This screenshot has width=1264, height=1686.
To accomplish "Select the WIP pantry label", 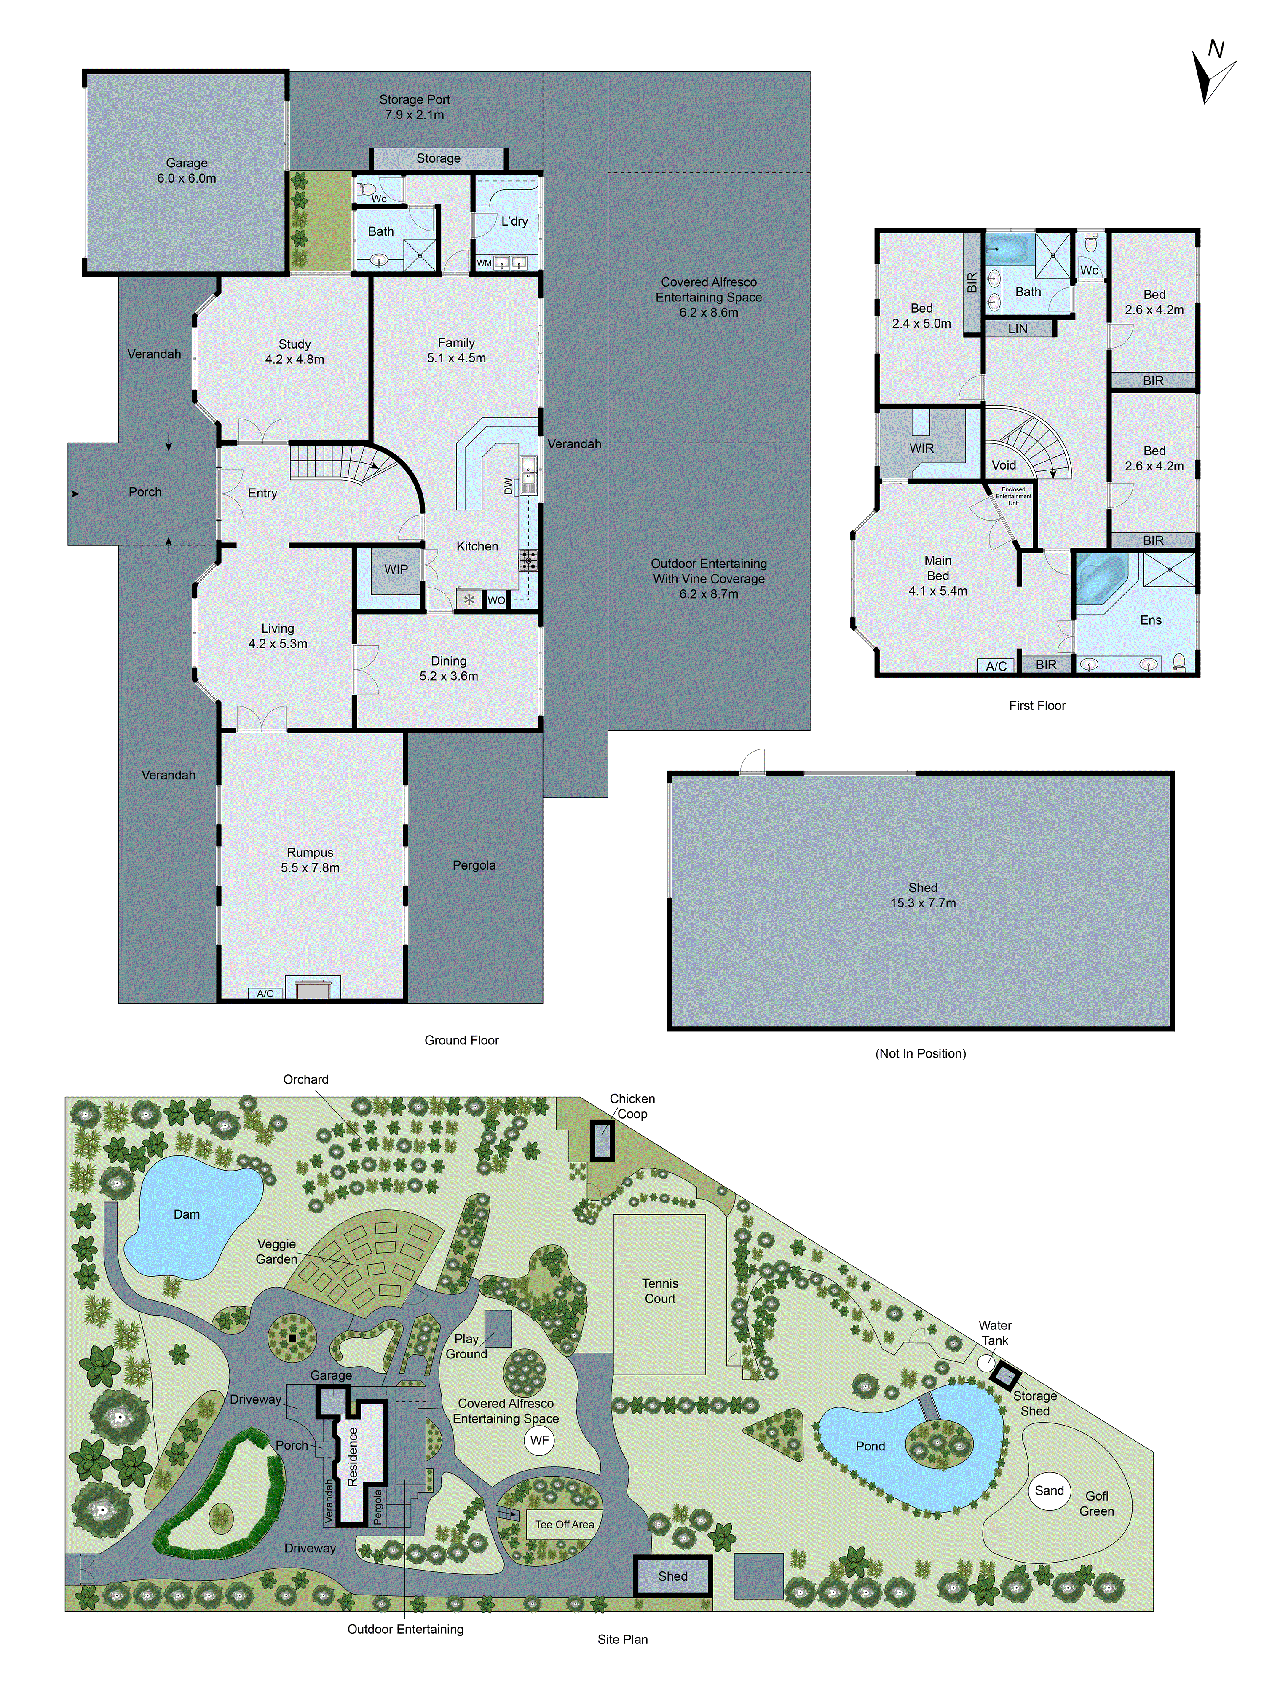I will click(x=396, y=569).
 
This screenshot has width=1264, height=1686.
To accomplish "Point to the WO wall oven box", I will click(x=496, y=600).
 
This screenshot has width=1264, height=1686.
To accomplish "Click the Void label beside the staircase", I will click(x=1004, y=465).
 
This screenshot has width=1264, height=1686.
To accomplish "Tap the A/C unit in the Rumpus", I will click(x=265, y=993).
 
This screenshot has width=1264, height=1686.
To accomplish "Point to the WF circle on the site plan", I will click(x=539, y=1440).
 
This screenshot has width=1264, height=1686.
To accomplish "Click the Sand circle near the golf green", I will click(x=1049, y=1490).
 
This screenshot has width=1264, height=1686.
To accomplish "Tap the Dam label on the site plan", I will click(x=187, y=1214).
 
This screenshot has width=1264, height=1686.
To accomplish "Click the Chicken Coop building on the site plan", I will click(x=603, y=1140).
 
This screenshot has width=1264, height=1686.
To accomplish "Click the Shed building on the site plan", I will click(x=673, y=1576).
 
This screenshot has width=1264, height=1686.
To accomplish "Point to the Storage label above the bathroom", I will click(x=438, y=158).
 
